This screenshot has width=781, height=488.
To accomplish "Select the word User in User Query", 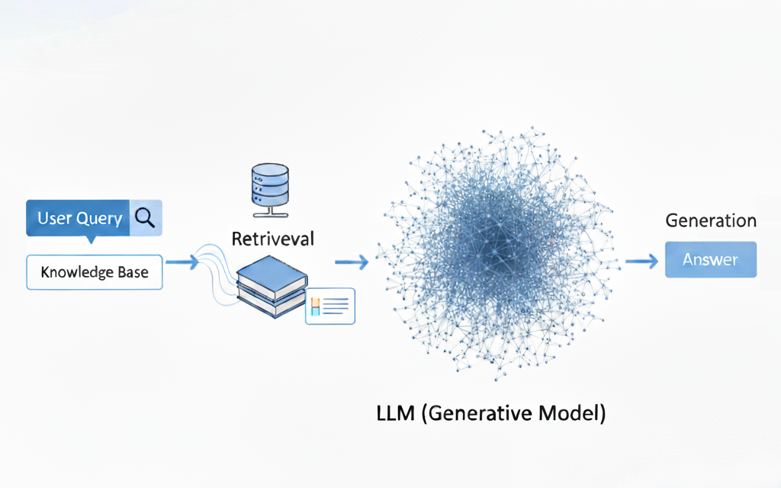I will [x=54, y=219].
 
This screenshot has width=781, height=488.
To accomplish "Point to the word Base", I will [x=133, y=272].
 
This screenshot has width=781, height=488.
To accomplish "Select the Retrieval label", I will [x=272, y=239].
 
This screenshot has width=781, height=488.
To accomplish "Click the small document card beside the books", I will [x=330, y=306].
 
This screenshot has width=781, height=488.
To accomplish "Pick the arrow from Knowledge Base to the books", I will [x=183, y=262].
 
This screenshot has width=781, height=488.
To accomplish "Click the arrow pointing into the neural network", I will [x=352, y=262].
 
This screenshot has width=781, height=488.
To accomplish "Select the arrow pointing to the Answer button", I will [x=641, y=261].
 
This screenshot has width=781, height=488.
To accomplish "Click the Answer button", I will [x=710, y=260].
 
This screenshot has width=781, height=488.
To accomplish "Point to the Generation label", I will [x=711, y=221].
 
